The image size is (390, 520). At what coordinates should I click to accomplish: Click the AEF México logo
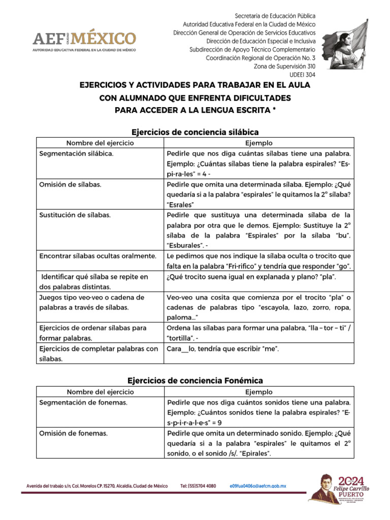[x=84, y=41]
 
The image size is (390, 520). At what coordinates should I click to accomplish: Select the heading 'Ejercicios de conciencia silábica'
[x=195, y=132]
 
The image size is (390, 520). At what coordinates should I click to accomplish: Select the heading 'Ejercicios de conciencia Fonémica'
[x=195, y=380]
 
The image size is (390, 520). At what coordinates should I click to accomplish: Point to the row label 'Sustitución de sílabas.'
[x=75, y=215]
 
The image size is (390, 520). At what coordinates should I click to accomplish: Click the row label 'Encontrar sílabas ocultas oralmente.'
[x=97, y=256]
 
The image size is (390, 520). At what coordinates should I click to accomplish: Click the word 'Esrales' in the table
[x=181, y=205]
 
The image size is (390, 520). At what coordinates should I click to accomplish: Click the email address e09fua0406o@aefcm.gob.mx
[x=258, y=486]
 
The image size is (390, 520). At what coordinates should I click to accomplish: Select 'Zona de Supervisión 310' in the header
[x=284, y=67]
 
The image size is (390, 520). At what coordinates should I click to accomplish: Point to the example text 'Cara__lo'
[x=181, y=348]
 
